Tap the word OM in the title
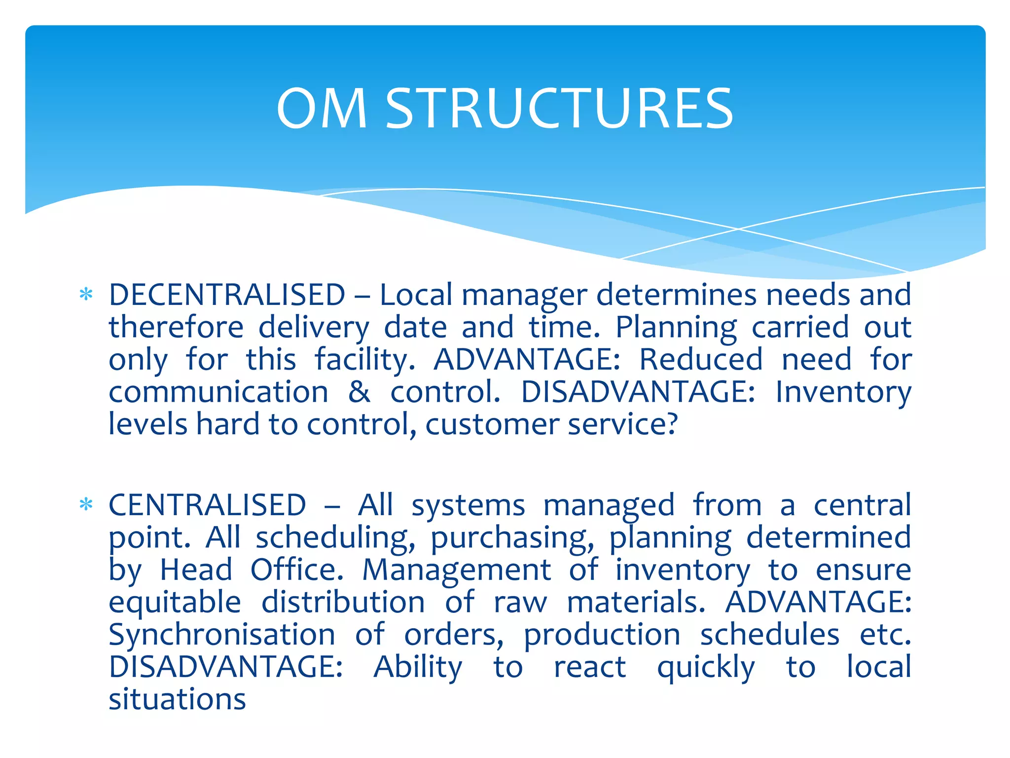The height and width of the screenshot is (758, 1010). (x=322, y=109)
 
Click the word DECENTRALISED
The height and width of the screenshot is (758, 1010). (x=227, y=295)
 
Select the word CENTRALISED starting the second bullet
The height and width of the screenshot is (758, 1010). (x=207, y=505)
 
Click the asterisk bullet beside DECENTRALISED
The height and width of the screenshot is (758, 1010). (x=86, y=295)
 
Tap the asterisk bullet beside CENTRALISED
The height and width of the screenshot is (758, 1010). (x=86, y=505)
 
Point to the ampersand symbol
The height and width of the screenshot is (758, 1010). (x=359, y=392)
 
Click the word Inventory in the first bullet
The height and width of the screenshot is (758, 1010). (x=843, y=392)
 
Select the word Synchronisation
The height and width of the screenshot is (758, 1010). (x=222, y=635)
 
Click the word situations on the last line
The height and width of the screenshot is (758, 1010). (x=177, y=699)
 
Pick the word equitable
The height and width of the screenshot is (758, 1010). (x=175, y=603)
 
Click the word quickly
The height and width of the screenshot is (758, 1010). (x=706, y=667)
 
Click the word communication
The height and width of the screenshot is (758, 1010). (x=218, y=392)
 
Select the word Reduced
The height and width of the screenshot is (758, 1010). (x=701, y=360)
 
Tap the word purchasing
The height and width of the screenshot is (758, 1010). (x=512, y=538)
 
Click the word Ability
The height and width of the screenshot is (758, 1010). (x=418, y=667)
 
